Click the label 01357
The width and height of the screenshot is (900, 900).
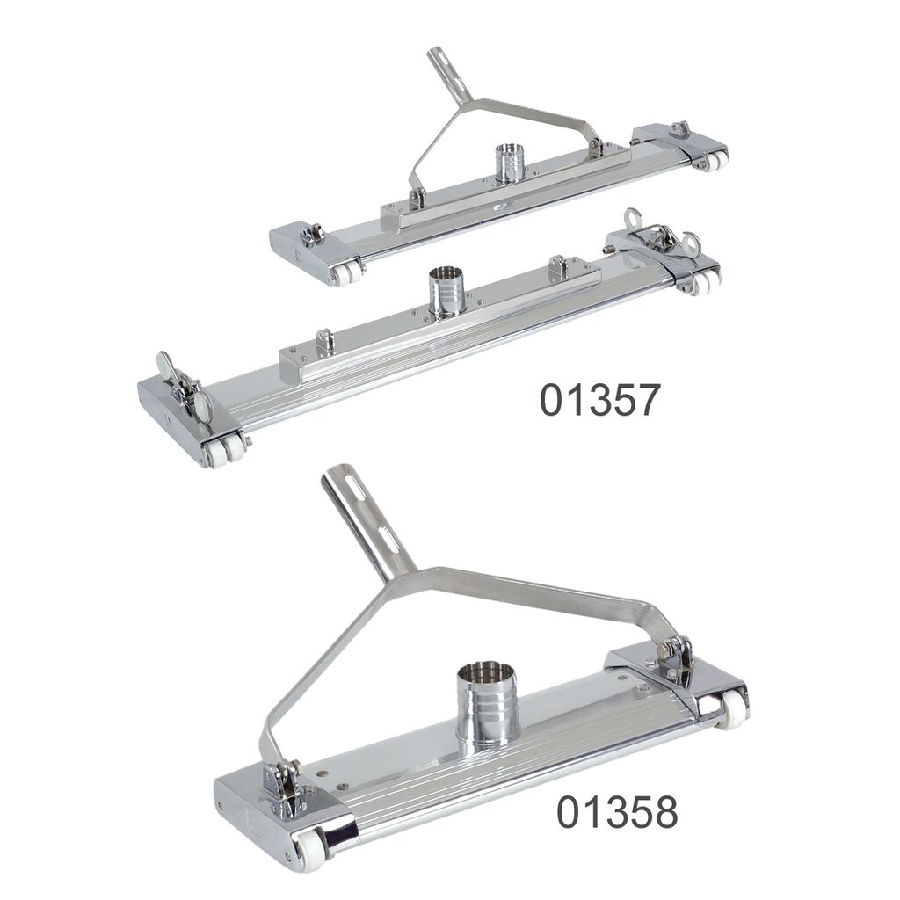coord(599,400)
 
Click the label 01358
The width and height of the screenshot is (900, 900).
coord(617,811)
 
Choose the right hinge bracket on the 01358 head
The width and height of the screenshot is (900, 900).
coord(674,659)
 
